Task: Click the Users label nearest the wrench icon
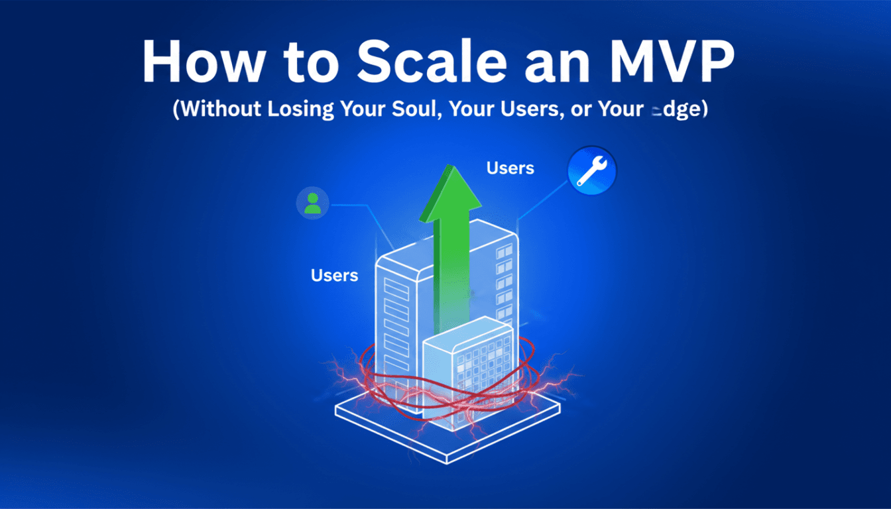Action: [510, 168]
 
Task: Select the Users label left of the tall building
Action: [334, 275]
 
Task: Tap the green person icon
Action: [312, 203]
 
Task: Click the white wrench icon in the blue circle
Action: [591, 171]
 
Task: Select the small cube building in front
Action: [469, 371]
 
